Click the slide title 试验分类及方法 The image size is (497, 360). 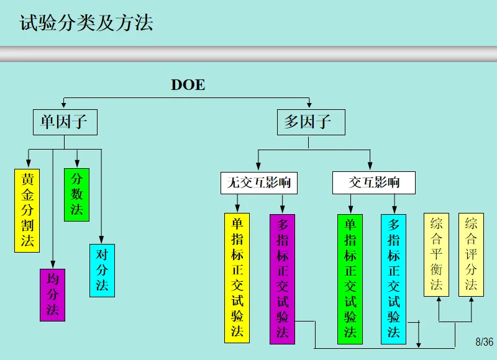86,24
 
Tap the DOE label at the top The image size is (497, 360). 188,85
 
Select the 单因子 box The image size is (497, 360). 65,122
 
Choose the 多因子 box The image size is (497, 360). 307,122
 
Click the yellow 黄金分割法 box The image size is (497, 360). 27,210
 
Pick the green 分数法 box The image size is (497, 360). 76,194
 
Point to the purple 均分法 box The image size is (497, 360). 52,295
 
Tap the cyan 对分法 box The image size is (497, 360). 102,271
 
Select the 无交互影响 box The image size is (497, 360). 259,182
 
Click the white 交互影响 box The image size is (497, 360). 373,182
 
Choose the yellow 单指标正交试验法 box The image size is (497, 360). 237,277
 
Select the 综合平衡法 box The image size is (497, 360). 436,254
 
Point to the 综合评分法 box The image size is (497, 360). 471,254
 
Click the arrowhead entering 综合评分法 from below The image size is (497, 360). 472,300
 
